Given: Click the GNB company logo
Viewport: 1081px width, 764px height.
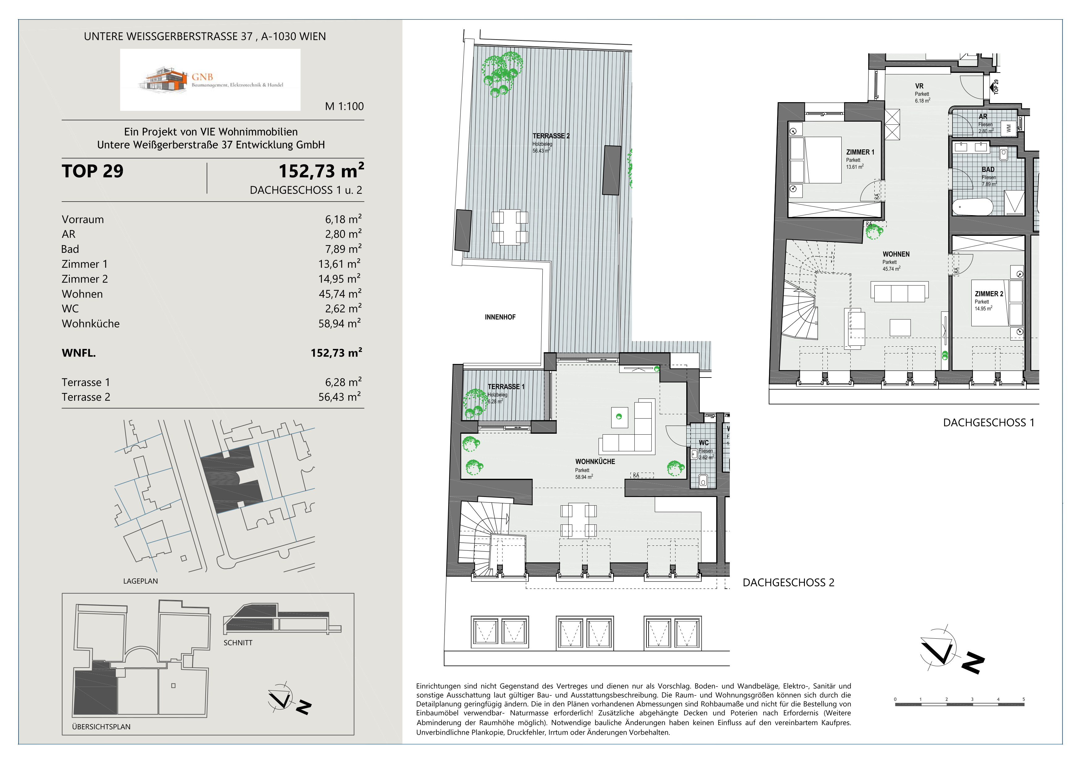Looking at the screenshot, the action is pos(210,80).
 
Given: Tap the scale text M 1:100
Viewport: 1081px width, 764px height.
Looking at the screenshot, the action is pos(344,106).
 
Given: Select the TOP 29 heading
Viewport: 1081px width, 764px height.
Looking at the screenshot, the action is pos(93,171).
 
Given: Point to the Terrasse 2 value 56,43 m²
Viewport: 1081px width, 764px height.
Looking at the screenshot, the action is pos(339,397).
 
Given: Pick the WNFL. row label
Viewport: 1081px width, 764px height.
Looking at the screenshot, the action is pos(79,353).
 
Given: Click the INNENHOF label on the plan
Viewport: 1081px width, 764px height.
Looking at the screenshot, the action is pos(500,317).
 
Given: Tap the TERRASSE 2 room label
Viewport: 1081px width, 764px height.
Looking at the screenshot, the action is pos(551,136).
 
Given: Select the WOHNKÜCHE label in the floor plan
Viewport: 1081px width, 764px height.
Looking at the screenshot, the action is pos(595,461).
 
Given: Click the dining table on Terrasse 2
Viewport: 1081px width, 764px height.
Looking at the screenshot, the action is pos(510,227).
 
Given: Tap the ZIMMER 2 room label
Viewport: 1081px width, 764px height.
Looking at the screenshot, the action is pos(989,294).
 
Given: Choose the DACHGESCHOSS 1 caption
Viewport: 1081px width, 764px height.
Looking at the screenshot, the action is pos(989,423).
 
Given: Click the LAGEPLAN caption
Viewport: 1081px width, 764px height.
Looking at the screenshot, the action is pos(140,581).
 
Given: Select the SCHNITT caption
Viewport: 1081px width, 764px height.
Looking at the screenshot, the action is pos(238,643).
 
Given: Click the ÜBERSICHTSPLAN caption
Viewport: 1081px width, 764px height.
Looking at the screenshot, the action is pos(101,727).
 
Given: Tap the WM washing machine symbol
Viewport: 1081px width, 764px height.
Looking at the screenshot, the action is pos(1008,127).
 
